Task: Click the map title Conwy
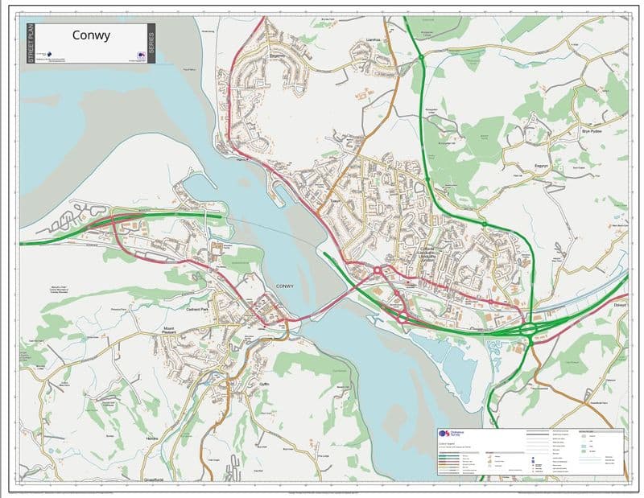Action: [91, 35]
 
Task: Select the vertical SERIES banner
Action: [151, 43]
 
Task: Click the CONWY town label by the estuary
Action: [285, 286]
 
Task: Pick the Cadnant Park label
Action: [197, 308]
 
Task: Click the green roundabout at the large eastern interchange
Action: [529, 328]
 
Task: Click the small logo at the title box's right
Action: [140, 56]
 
